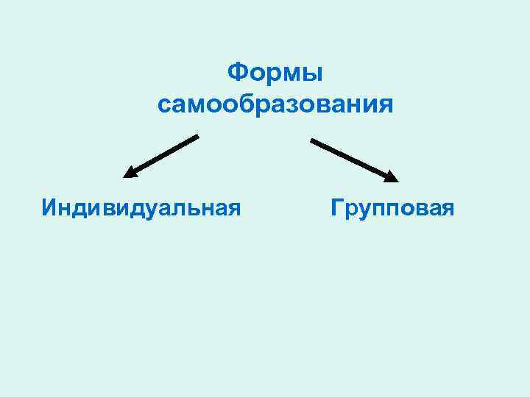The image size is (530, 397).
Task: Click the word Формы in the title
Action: tap(275, 73)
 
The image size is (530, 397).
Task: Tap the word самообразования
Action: tap(275, 104)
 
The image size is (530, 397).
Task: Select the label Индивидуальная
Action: tap(141, 207)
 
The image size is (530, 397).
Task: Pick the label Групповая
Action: tap(393, 207)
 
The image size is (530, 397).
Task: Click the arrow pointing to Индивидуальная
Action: tap(162, 156)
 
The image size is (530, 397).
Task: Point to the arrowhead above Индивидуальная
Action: tap(129, 174)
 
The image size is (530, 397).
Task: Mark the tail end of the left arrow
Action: tap(197, 136)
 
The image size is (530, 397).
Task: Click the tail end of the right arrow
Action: tap(312, 140)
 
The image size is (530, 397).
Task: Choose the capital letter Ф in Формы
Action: tap(236, 73)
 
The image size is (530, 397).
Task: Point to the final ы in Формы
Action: tap(313, 73)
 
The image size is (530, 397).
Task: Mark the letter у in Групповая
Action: tap(363, 209)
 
